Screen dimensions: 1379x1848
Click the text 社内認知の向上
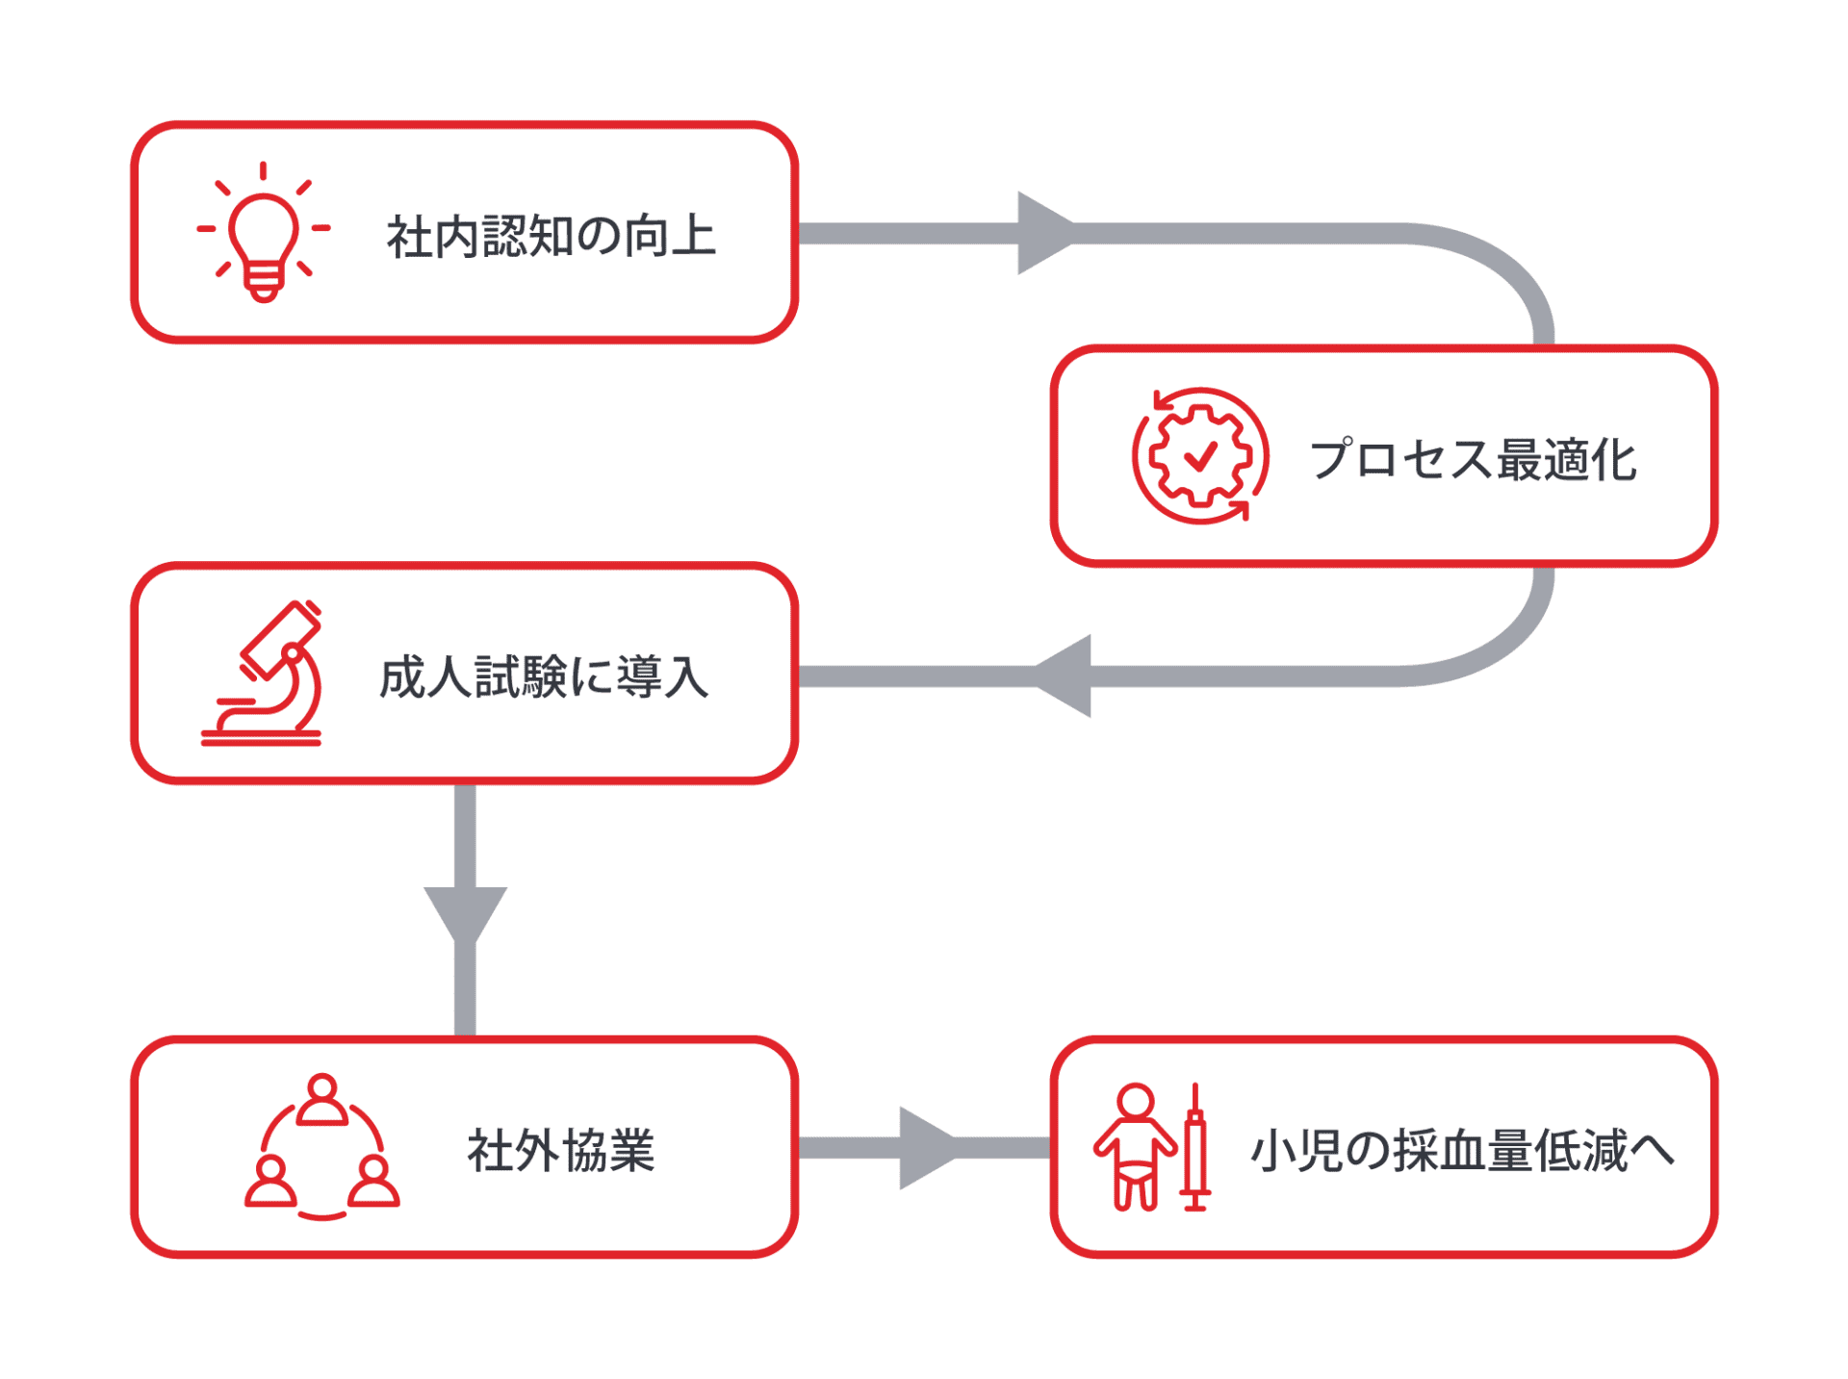[551, 237]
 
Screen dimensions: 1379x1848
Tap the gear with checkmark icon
[1200, 456]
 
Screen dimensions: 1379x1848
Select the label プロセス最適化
[1473, 459]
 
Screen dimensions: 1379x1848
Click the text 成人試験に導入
[544, 677]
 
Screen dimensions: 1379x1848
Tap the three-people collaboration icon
[321, 1147]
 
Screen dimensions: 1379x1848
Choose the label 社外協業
[560, 1150]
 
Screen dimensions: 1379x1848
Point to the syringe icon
[1194, 1147]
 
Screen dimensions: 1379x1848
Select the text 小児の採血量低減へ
[1461, 1150]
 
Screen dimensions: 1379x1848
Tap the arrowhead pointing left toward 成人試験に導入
[1066, 676]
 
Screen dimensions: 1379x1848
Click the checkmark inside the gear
[1200, 456]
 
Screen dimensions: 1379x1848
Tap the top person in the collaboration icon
[321, 1099]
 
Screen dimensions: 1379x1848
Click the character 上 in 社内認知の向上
[694, 237]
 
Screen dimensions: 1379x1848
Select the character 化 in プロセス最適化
[1613, 459]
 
